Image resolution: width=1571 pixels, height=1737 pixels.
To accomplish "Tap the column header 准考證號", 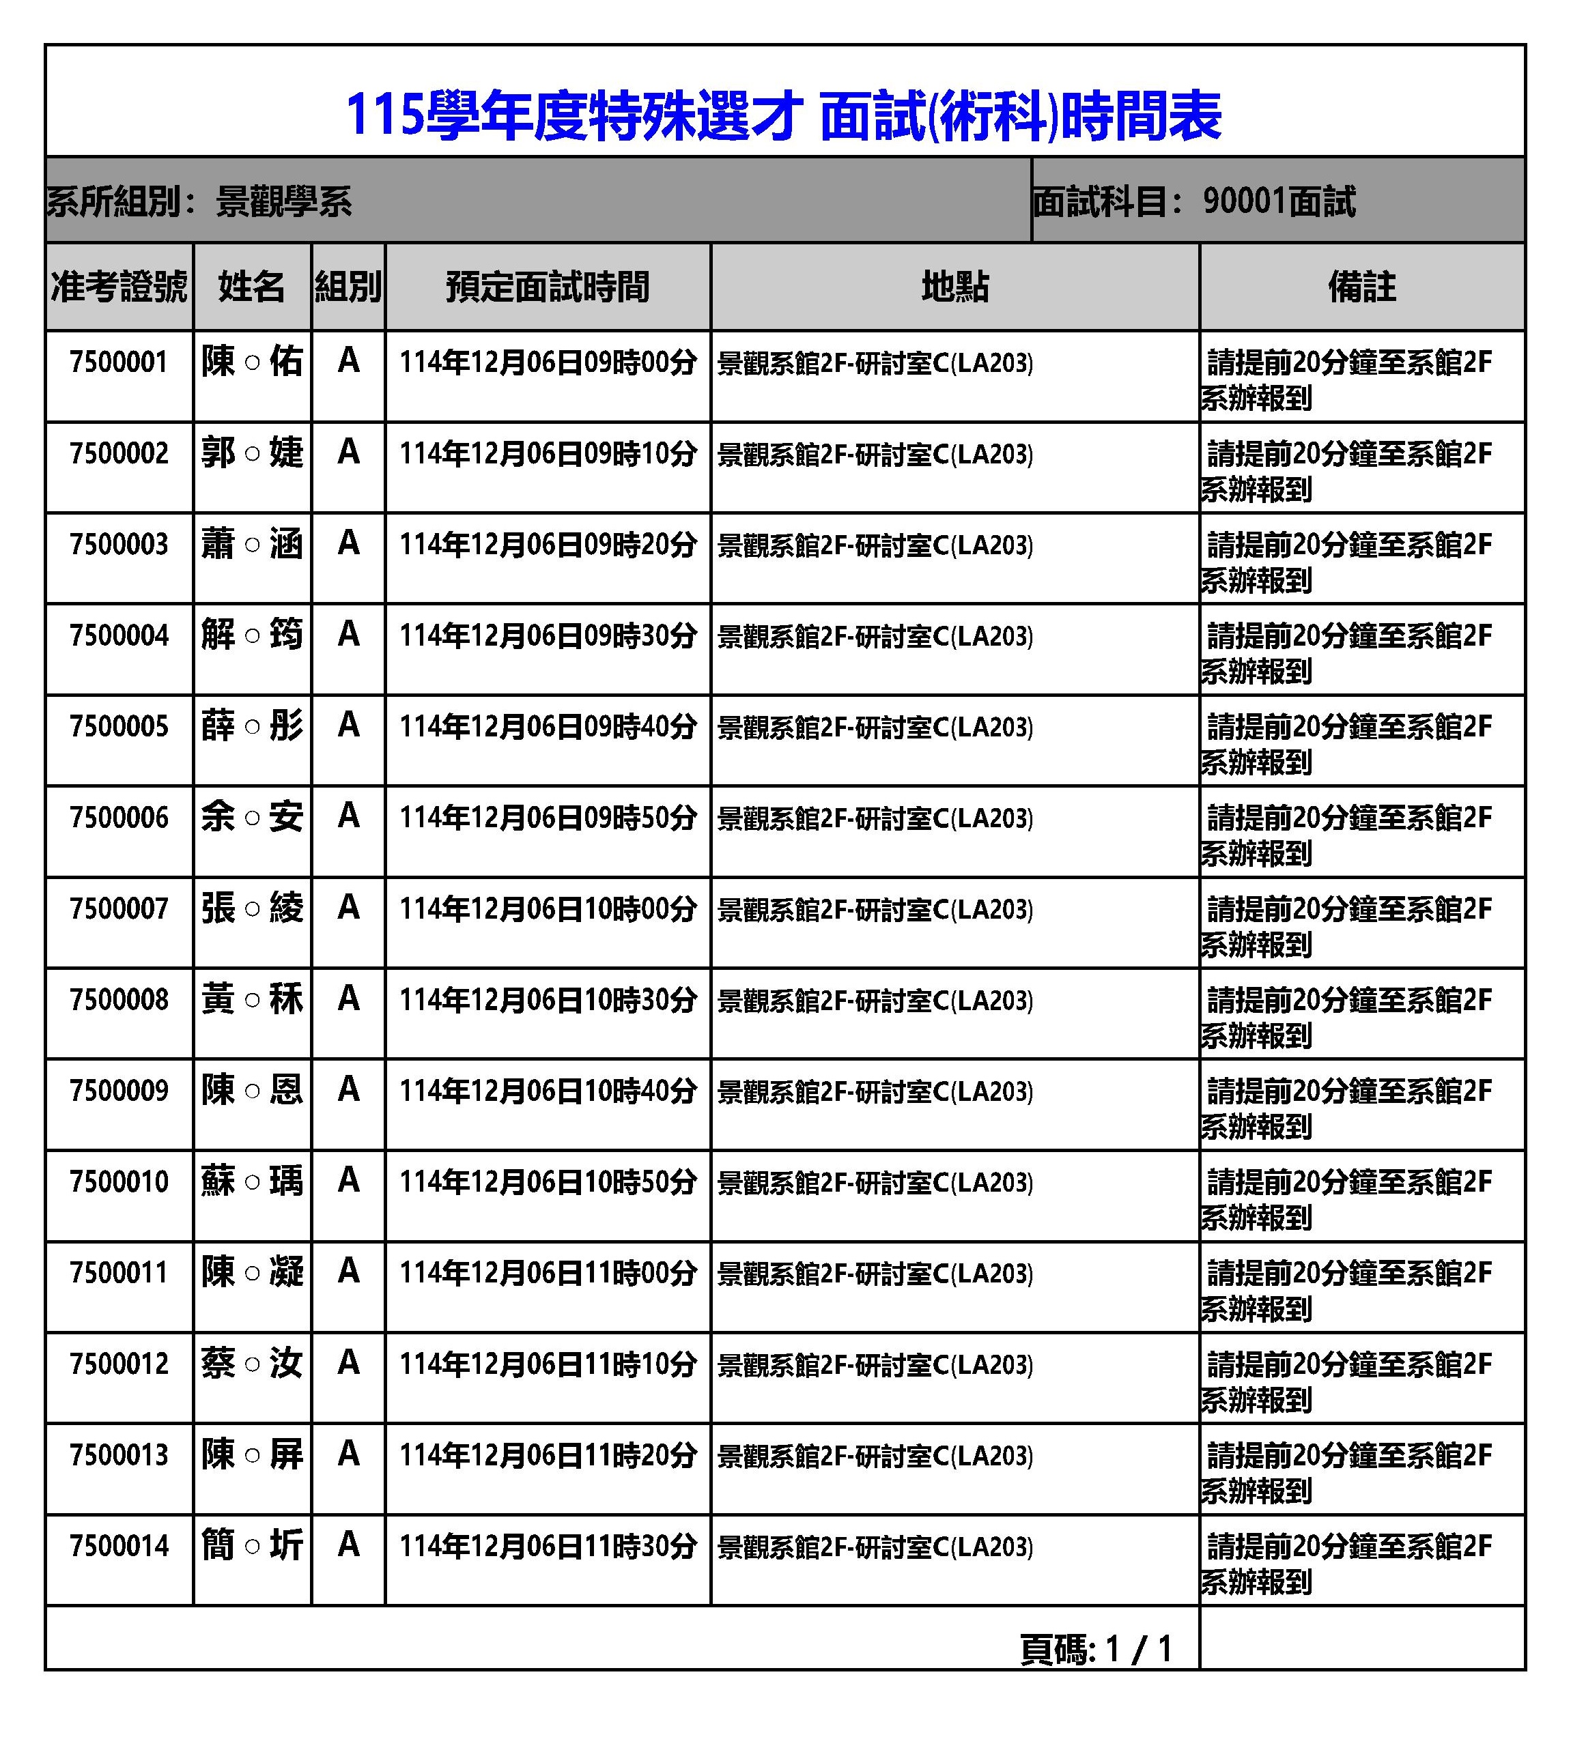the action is (x=119, y=287).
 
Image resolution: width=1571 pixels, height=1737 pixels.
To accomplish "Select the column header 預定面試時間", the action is (x=548, y=287).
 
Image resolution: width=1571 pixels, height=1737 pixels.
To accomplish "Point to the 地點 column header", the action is (x=955, y=287).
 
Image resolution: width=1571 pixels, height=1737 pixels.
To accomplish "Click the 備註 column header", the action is (x=1361, y=287).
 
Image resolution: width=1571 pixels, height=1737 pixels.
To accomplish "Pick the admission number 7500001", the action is (x=119, y=362).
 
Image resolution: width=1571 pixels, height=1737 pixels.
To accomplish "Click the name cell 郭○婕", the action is (x=252, y=453).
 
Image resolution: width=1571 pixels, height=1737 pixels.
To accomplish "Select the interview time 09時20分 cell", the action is (x=548, y=545).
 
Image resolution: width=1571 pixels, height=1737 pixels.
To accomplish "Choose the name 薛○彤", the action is (x=252, y=726).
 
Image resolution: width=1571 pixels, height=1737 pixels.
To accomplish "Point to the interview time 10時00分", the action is (x=548, y=909).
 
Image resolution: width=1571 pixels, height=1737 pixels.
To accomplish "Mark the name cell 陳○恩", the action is (x=252, y=1091).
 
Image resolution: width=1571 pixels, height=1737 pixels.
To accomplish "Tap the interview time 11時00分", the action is (x=548, y=1274).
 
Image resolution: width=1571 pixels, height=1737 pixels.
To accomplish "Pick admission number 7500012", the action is (x=119, y=1364).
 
